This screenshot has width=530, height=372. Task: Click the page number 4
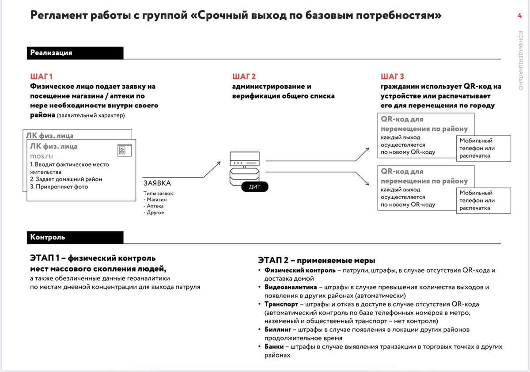[x=519, y=16]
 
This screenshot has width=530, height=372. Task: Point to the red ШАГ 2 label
[x=244, y=76]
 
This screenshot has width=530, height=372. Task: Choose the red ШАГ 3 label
[x=392, y=76]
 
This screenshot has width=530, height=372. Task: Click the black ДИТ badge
[x=255, y=187]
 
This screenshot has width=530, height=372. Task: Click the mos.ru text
[x=42, y=156]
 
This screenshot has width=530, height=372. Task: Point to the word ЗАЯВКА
[x=157, y=183]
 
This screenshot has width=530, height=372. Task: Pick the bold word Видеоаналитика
[x=290, y=287]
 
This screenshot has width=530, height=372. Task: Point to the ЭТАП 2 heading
[x=316, y=261]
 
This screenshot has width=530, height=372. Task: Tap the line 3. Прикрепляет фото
[x=59, y=186]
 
